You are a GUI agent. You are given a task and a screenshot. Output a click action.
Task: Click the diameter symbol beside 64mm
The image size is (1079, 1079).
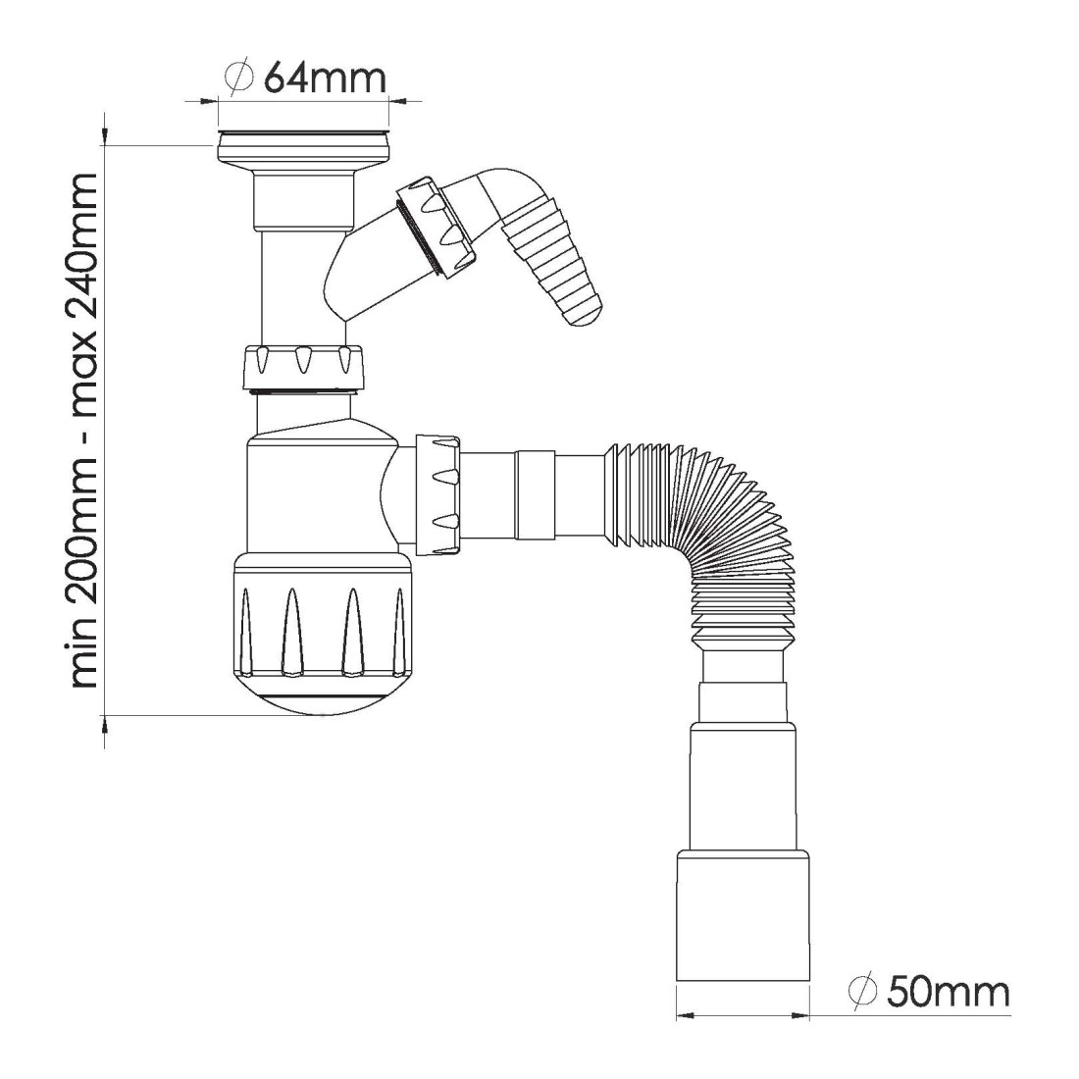click(x=239, y=77)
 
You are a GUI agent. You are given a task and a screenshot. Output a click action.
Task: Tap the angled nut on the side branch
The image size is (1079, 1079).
click(x=435, y=229)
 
